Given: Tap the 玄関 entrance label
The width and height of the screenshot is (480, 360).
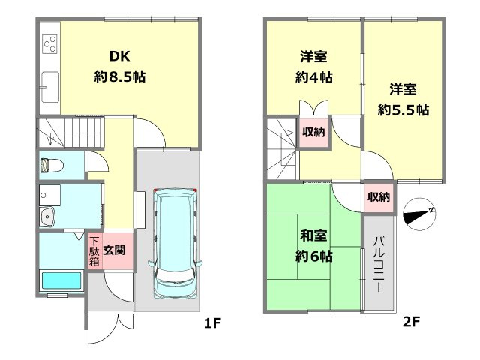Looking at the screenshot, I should click(114, 250).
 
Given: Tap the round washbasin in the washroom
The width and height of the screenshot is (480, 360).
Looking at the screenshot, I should click(49, 218).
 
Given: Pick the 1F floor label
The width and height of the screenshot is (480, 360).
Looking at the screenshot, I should click(212, 323).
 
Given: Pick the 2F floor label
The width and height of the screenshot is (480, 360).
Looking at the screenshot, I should click(411, 323).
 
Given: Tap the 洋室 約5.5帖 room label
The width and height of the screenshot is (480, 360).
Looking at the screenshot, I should click(403, 99).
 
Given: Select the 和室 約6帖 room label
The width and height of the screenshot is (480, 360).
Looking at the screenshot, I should click(312, 247).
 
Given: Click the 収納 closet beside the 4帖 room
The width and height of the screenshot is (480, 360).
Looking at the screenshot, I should click(313, 133).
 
